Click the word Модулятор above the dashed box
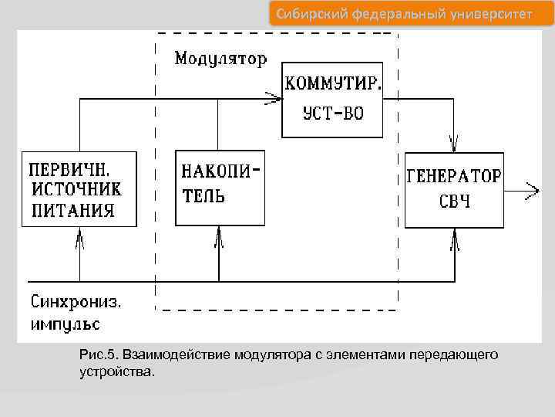click(x=220, y=58)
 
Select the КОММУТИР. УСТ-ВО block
click(x=332, y=99)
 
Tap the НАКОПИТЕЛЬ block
click(x=220, y=188)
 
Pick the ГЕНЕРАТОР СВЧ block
click(x=454, y=189)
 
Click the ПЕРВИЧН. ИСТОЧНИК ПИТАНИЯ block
click(x=79, y=189)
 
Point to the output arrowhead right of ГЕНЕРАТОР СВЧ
click(x=532, y=189)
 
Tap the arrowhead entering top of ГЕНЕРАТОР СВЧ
click(x=454, y=142)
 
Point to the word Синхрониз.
click(x=77, y=300)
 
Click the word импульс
click(x=65, y=322)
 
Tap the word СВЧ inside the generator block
click(x=454, y=202)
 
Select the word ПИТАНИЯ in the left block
click(x=74, y=209)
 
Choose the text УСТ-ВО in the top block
click(x=332, y=114)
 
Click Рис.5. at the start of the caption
click(x=96, y=354)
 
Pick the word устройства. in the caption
click(x=116, y=371)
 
